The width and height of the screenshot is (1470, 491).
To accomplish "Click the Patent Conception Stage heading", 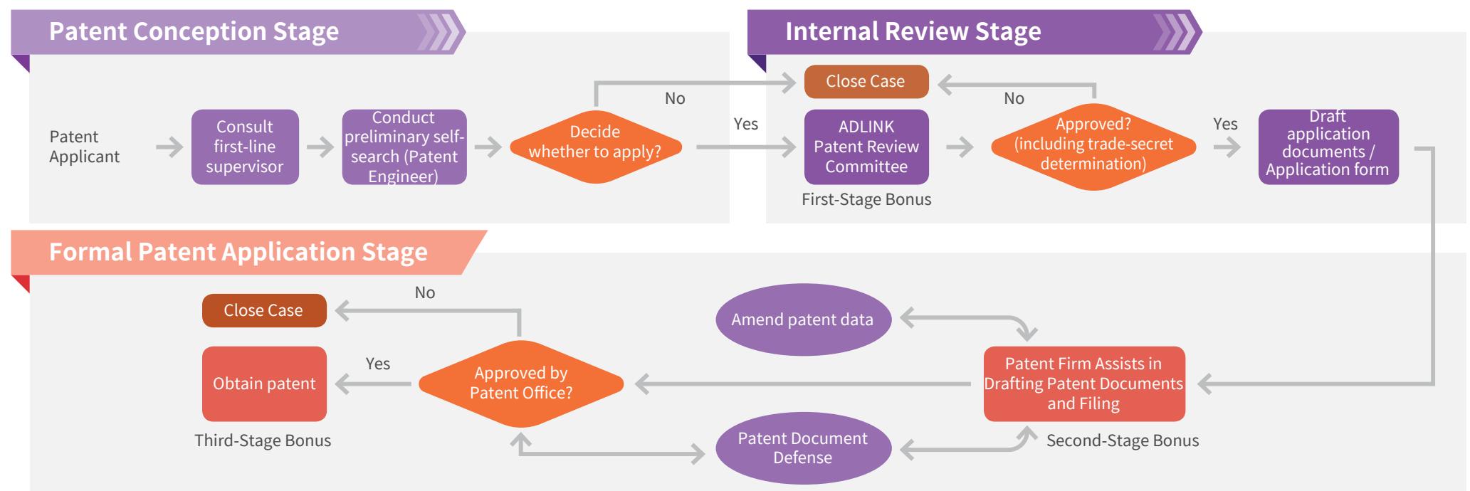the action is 194,32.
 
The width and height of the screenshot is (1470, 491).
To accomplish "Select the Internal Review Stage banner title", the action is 913,32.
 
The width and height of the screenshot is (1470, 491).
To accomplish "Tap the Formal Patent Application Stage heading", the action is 238,252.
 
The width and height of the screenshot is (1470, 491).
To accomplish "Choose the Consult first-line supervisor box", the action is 245,147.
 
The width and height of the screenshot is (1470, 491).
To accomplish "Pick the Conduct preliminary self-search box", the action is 404,147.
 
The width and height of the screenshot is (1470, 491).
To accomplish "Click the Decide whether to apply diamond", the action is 596,147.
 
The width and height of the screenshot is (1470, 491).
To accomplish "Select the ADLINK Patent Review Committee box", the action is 866,147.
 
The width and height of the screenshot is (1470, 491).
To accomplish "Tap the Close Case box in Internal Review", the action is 866,81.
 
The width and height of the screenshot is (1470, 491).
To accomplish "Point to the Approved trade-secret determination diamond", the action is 1093,147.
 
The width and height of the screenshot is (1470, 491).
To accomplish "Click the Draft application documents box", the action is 1328,147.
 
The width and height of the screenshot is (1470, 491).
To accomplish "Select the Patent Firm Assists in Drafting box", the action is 1084,384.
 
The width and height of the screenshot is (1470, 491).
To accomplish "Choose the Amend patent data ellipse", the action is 803,320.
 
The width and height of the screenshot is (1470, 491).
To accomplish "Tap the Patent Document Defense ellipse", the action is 803,448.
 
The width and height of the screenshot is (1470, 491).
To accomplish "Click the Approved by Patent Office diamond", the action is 521,384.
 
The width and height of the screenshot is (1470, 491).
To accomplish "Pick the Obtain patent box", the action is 264,384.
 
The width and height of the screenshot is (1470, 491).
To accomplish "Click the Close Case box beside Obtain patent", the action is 264,310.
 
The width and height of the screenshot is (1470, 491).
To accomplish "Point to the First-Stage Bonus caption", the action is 866,200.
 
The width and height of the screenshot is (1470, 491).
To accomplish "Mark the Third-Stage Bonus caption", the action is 263,440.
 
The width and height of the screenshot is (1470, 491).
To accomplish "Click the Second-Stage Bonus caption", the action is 1123,440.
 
